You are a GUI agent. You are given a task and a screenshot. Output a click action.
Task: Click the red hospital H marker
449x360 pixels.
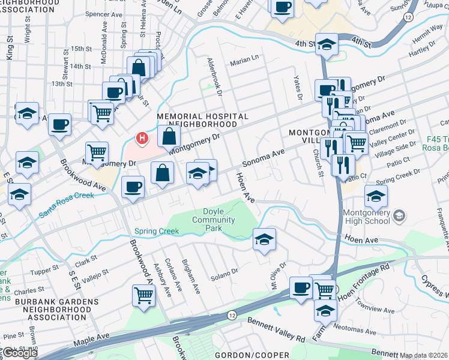[142, 139]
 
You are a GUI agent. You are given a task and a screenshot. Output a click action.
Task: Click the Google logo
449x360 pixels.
[19, 353]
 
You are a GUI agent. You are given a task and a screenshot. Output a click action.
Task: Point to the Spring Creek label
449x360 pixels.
[157, 231]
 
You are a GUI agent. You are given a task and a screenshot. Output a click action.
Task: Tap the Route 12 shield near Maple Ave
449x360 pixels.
[232, 314]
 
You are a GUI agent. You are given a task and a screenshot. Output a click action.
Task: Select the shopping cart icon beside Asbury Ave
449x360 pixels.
[144, 296]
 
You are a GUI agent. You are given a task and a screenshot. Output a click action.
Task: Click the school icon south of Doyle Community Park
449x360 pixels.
[264, 240]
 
